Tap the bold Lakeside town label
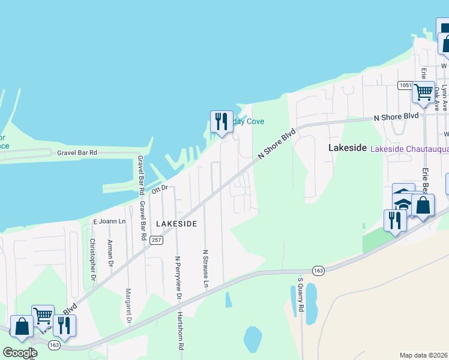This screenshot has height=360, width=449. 348,148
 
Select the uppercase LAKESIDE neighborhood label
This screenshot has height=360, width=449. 176,223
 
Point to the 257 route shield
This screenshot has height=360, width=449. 156,240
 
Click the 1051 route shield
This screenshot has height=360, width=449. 405,86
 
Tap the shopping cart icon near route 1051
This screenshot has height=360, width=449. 423,92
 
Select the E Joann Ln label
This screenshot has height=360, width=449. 109,221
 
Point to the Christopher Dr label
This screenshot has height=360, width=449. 92,259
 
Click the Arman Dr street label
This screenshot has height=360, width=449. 110,253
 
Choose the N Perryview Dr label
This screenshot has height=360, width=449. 178,278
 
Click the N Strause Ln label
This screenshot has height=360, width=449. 206,268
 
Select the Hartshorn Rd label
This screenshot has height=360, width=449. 181,330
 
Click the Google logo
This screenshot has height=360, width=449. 20,352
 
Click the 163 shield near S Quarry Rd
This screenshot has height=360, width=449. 318,271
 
